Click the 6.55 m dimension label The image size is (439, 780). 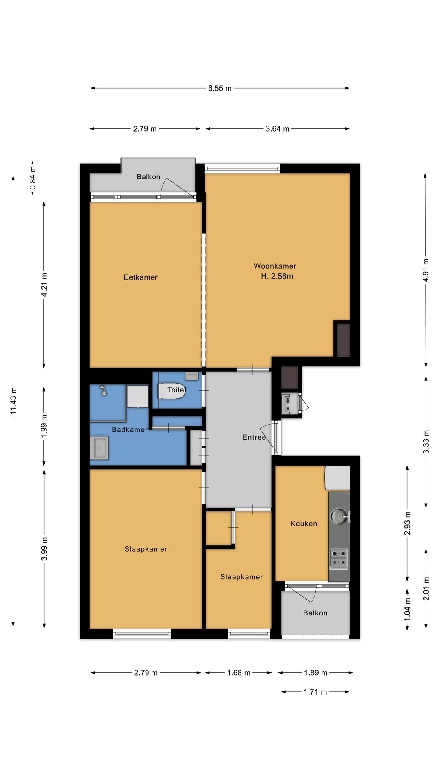pos(220,88)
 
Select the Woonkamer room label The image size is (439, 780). pos(275,266)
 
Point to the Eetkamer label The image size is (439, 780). pos(141,277)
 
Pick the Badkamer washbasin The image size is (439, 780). pos(99,448)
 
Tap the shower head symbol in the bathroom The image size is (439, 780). pos(104,391)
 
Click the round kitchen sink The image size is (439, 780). pos(339,516)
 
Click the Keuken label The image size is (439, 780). pos(304,524)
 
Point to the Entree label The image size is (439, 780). pos(254,437)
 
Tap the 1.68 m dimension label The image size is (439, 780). pos(239,673)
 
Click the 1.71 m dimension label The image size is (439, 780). pos(315,692)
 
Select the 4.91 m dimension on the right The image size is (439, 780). pos(426,270)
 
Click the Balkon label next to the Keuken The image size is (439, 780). pos(315,613)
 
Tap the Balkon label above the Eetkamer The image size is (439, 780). pos(148,177)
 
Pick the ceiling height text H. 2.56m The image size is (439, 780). pos(277,276)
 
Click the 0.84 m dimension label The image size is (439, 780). pos(33,178)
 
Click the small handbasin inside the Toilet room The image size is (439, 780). pos(191,376)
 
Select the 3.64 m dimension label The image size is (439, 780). pos(278,129)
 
